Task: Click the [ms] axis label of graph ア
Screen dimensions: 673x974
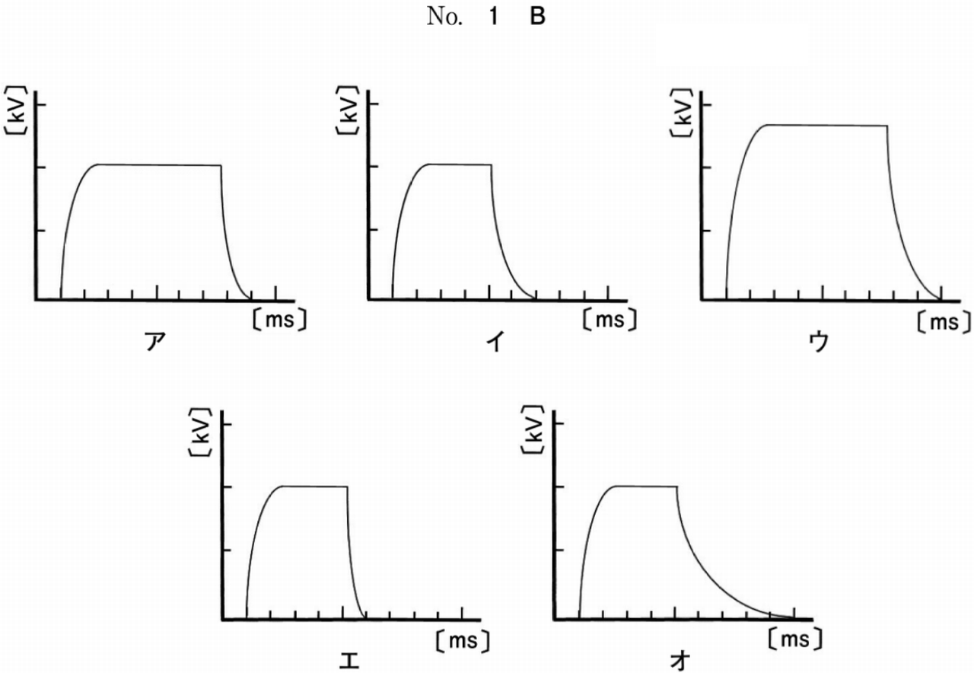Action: coord(279,320)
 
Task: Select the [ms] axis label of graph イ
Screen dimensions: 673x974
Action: coord(611,320)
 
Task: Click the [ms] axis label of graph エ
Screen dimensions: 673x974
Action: coord(463,641)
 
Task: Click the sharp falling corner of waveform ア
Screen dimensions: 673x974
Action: coord(221,165)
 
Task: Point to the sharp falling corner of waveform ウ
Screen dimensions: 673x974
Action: coord(887,126)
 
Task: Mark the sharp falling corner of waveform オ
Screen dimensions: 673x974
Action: coord(676,486)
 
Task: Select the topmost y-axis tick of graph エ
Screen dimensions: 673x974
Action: coord(227,423)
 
